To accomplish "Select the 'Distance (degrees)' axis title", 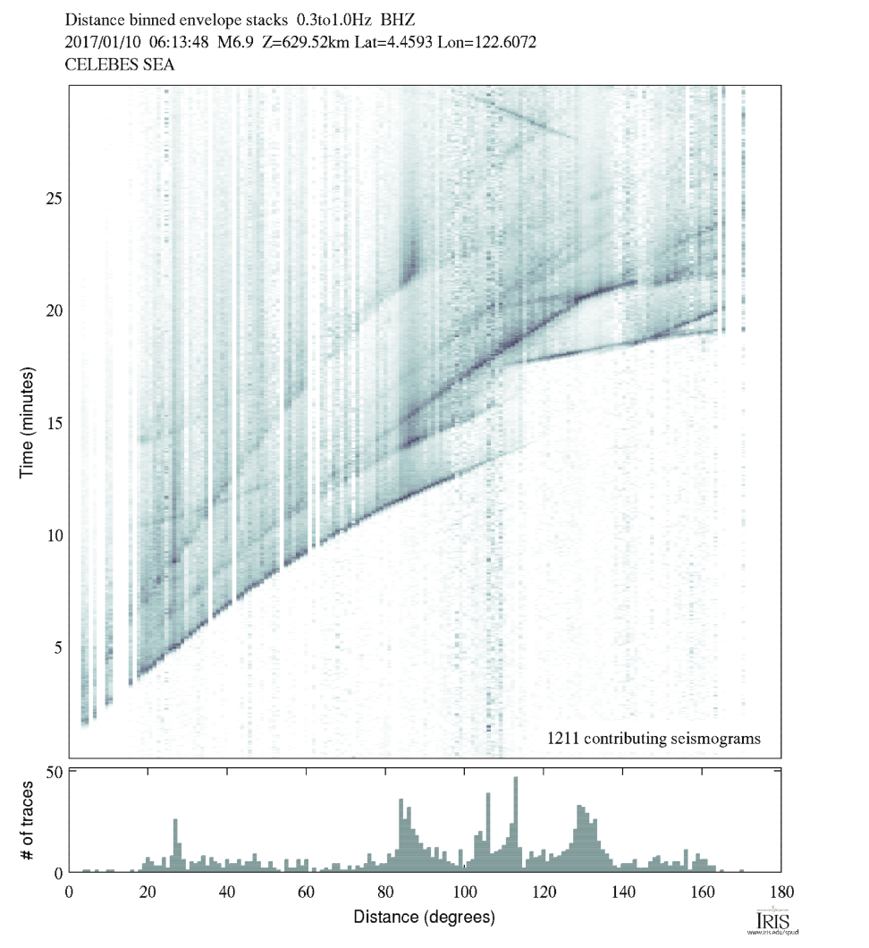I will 424,917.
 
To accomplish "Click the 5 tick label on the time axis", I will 55,647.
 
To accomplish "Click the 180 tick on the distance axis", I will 781,891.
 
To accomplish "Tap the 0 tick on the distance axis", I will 70,891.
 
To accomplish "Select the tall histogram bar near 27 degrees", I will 176,845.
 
